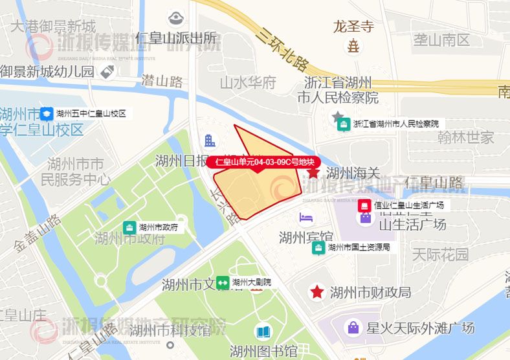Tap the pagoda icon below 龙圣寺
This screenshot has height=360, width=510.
pos(353,47)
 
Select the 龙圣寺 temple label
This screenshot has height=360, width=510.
pos(353,27)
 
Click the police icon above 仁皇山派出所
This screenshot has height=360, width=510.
pos(175,17)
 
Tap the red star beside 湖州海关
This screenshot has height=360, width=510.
pos(313,172)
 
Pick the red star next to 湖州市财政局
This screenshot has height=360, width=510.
pos(316,292)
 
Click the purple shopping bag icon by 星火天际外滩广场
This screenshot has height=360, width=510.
pos(353,328)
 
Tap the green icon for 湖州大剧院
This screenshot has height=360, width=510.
pos(223,282)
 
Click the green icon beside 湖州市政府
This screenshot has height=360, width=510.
pos(130,227)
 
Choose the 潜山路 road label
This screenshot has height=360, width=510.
pos(162,81)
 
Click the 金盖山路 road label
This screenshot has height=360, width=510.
pos(37,232)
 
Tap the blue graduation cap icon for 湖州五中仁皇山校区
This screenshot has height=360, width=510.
pos(47,114)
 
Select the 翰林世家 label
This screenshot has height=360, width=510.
pos(465,137)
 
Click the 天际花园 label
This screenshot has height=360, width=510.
pos(440,254)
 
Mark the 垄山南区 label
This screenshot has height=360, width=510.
pos(442,39)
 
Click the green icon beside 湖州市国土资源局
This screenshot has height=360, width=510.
pos(318,247)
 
